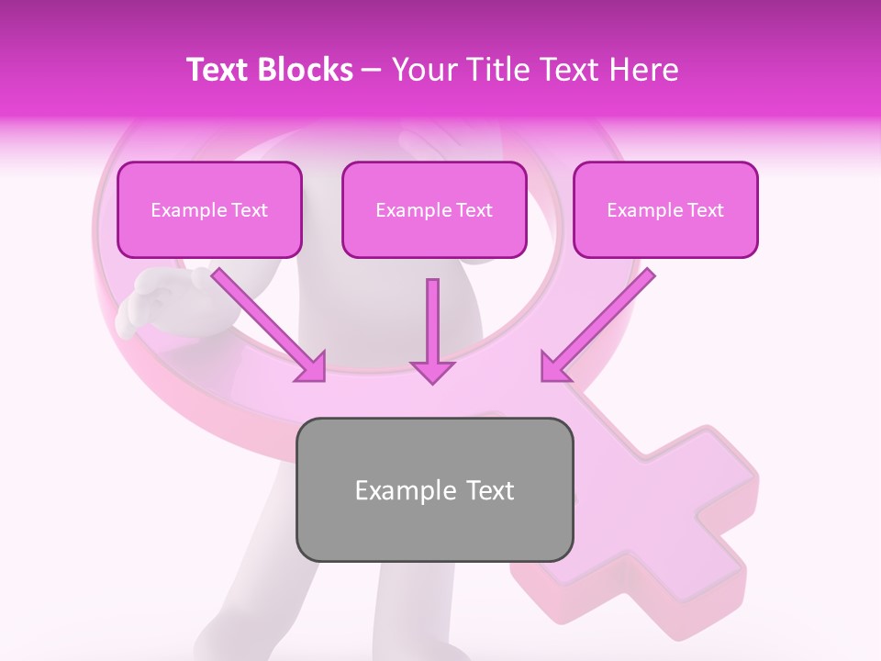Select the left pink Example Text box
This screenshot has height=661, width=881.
tap(209, 210)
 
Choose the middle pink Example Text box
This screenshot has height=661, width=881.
tap(434, 210)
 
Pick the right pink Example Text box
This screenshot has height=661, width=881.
tap(665, 210)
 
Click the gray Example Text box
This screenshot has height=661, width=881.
tap(434, 490)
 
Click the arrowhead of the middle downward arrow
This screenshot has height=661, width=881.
tap(432, 371)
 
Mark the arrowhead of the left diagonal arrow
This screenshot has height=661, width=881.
tap(312, 367)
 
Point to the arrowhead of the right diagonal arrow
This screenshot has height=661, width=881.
tap(554, 367)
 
